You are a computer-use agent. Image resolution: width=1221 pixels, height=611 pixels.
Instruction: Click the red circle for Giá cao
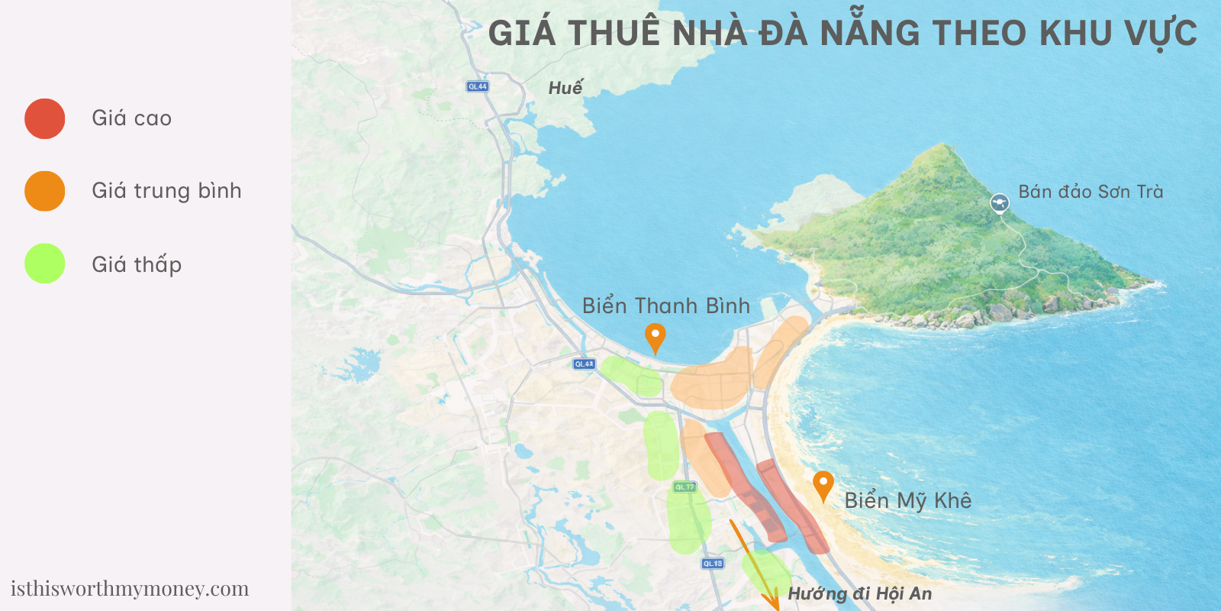[x=44, y=118]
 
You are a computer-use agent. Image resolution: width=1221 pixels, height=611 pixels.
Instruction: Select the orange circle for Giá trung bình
[x=44, y=191]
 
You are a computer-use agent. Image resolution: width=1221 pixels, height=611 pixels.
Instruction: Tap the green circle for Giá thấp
[x=44, y=263]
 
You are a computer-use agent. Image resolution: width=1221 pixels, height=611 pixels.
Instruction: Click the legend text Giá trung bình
[x=166, y=191]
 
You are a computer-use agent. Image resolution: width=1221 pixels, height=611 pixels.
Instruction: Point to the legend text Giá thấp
[x=137, y=264]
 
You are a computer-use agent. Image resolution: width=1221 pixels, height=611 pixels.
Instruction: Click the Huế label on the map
[x=565, y=88]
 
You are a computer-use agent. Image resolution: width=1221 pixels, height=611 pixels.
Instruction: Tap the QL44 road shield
[x=478, y=86]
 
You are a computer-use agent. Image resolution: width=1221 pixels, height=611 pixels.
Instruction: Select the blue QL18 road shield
[x=712, y=564]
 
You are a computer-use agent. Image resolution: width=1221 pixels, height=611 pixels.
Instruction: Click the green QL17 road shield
[x=685, y=487]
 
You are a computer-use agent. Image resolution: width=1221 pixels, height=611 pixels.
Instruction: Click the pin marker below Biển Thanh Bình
[x=655, y=337]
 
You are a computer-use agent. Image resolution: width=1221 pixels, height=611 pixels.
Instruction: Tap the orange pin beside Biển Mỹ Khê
[x=823, y=484]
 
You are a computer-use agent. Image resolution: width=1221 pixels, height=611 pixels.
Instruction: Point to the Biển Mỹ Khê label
[x=907, y=500]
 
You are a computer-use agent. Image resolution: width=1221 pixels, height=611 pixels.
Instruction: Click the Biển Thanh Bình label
[x=665, y=305]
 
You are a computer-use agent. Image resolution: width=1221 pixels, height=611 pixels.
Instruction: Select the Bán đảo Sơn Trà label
[x=1091, y=192]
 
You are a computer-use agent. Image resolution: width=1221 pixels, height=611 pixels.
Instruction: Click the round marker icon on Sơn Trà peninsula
[x=1000, y=203]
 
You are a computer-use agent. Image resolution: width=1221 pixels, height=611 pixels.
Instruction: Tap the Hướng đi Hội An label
[x=859, y=593]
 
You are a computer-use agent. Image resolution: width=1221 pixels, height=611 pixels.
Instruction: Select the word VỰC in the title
[x=1160, y=34]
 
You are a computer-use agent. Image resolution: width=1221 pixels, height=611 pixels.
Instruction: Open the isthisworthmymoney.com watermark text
[x=130, y=589]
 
